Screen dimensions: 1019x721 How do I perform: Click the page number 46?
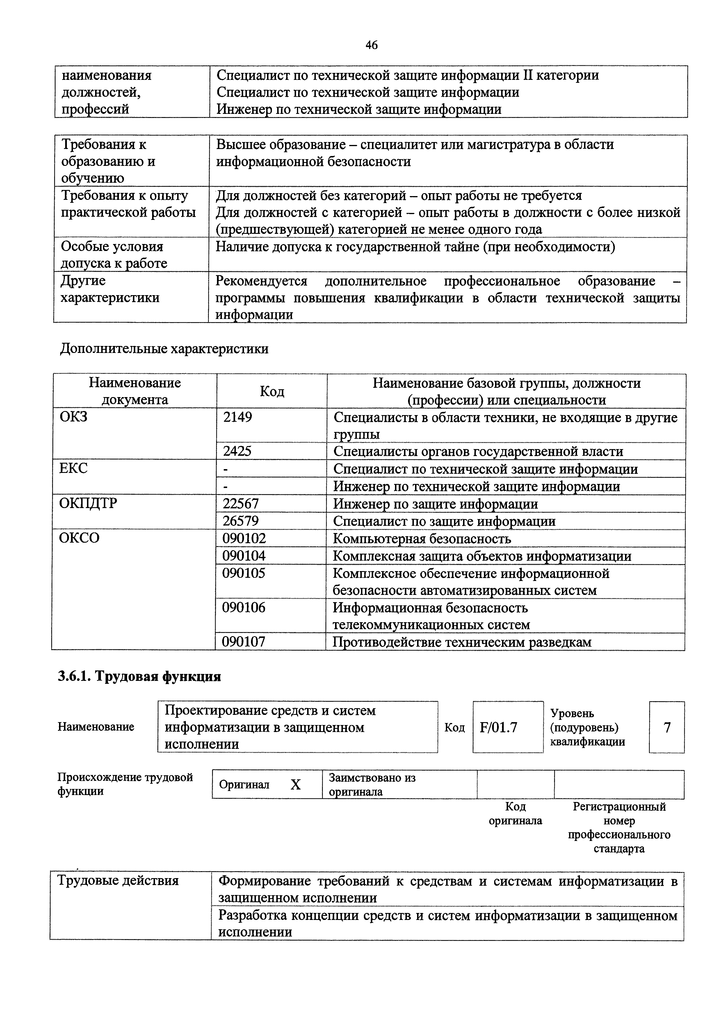371,45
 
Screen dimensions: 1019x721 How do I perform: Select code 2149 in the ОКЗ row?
238,417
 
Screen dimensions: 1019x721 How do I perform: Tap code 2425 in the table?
237,451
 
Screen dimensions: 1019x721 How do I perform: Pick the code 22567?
240,504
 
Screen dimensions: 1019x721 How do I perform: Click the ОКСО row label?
79,538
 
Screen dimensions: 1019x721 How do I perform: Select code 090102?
244,538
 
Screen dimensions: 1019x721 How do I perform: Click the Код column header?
272,391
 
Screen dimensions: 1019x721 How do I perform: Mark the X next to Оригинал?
295,785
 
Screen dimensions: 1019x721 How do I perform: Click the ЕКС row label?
74,469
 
